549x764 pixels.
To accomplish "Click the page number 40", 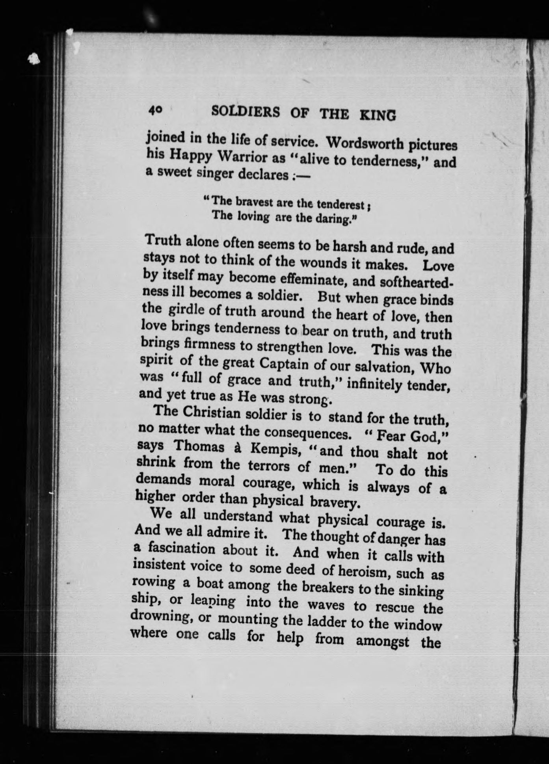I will pyautogui.click(x=155, y=111).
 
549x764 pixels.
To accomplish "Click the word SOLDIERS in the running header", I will pyautogui.click(x=246, y=112).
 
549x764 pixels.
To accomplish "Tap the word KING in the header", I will pyautogui.click(x=377, y=115).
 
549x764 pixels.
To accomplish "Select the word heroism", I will pyautogui.click(x=359, y=571).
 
